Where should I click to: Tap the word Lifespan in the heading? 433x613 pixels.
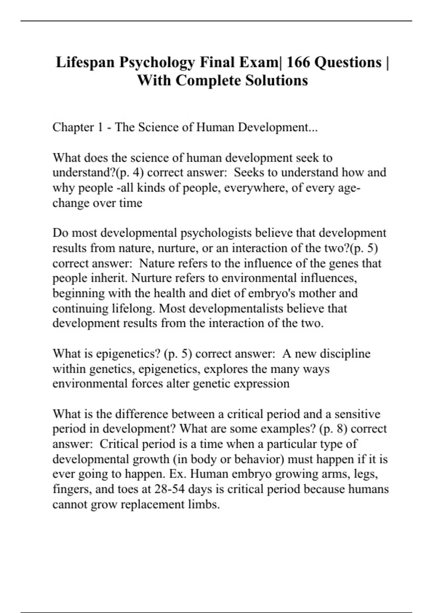coord(85,62)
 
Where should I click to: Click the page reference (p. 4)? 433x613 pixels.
coord(129,172)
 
